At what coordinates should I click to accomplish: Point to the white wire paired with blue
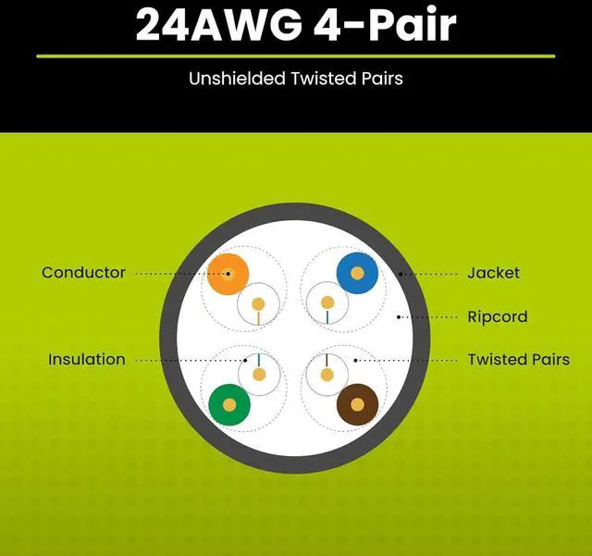click(326, 303)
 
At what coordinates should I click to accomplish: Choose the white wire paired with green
click(258, 375)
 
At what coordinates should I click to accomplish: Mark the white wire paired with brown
click(326, 375)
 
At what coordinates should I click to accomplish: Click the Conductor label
click(83, 272)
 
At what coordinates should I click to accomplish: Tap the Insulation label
click(86, 359)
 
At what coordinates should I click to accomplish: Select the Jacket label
click(493, 272)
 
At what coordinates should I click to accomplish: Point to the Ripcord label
click(497, 316)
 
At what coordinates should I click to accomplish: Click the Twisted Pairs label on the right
click(518, 359)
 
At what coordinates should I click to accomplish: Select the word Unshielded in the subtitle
click(233, 79)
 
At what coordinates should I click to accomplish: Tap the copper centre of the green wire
click(228, 403)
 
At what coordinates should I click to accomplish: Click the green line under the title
click(296, 56)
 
